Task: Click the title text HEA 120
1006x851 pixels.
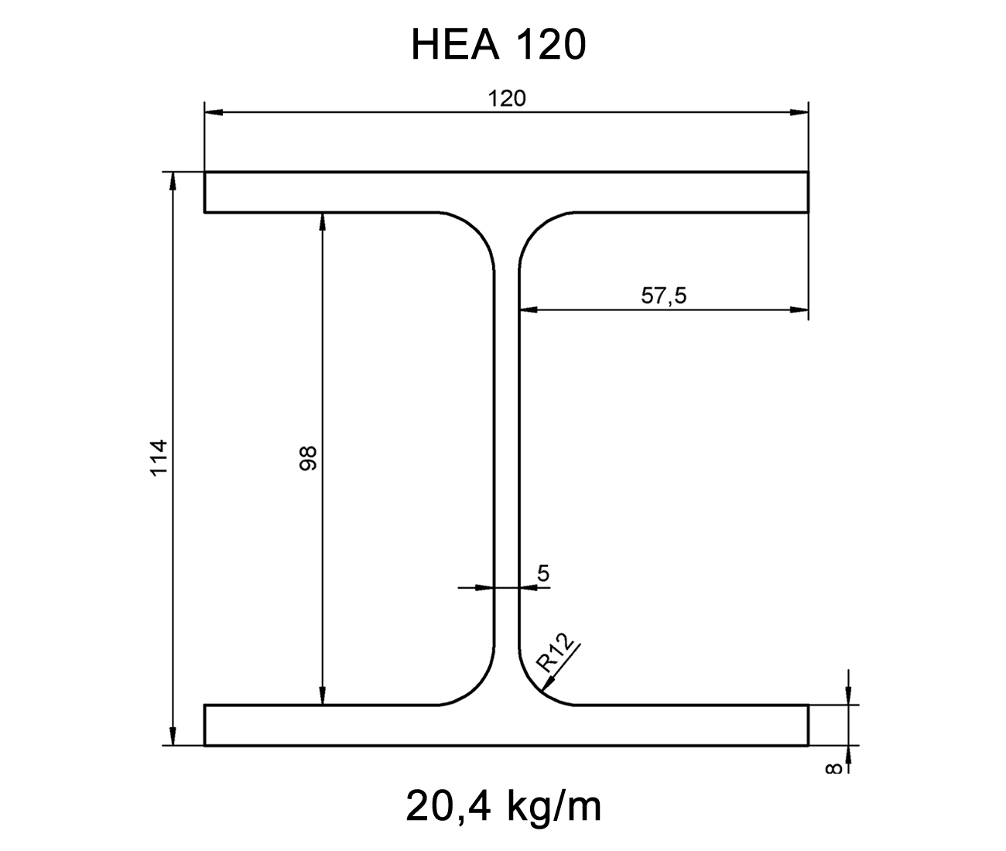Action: point(498,45)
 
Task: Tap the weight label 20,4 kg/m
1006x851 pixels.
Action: point(503,806)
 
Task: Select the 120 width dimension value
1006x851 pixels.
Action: point(506,98)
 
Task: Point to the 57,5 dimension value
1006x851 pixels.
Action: point(663,296)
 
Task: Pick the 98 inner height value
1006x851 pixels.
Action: point(308,458)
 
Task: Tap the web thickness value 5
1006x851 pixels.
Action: point(542,573)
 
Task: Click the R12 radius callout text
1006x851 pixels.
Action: point(555,651)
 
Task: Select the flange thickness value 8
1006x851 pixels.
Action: point(833,767)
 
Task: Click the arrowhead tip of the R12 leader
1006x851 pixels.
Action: point(544,689)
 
